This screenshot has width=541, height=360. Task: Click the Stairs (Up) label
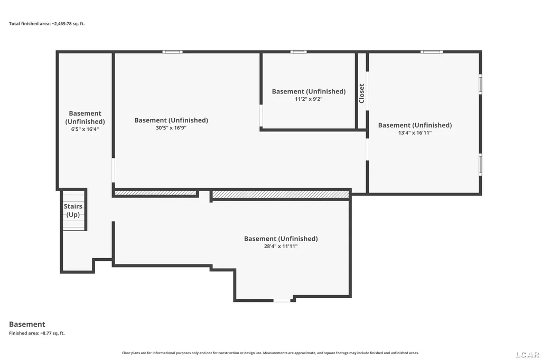73,210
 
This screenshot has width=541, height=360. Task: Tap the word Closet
361,93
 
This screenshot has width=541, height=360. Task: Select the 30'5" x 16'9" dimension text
171,128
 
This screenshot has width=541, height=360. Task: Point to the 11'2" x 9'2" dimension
309,99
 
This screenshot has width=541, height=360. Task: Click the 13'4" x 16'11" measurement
415,133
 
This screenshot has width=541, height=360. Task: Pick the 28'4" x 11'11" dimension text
281,246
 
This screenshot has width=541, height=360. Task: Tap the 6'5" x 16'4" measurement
85,129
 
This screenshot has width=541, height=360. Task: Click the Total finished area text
46,24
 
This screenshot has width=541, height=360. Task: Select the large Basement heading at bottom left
27,324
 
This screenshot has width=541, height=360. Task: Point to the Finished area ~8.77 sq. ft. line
36,333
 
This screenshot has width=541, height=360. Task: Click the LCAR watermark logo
527,355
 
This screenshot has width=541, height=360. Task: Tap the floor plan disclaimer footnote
270,353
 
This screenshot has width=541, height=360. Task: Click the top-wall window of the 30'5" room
173,52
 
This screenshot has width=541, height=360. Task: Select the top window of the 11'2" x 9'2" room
299,52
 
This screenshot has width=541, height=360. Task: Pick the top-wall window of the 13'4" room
431,52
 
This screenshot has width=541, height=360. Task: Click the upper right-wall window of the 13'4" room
480,84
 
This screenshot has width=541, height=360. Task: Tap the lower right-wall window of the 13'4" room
480,165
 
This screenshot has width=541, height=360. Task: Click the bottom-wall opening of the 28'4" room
282,301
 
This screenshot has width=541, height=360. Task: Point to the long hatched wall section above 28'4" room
280,195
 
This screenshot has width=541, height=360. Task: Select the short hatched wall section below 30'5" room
155,193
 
